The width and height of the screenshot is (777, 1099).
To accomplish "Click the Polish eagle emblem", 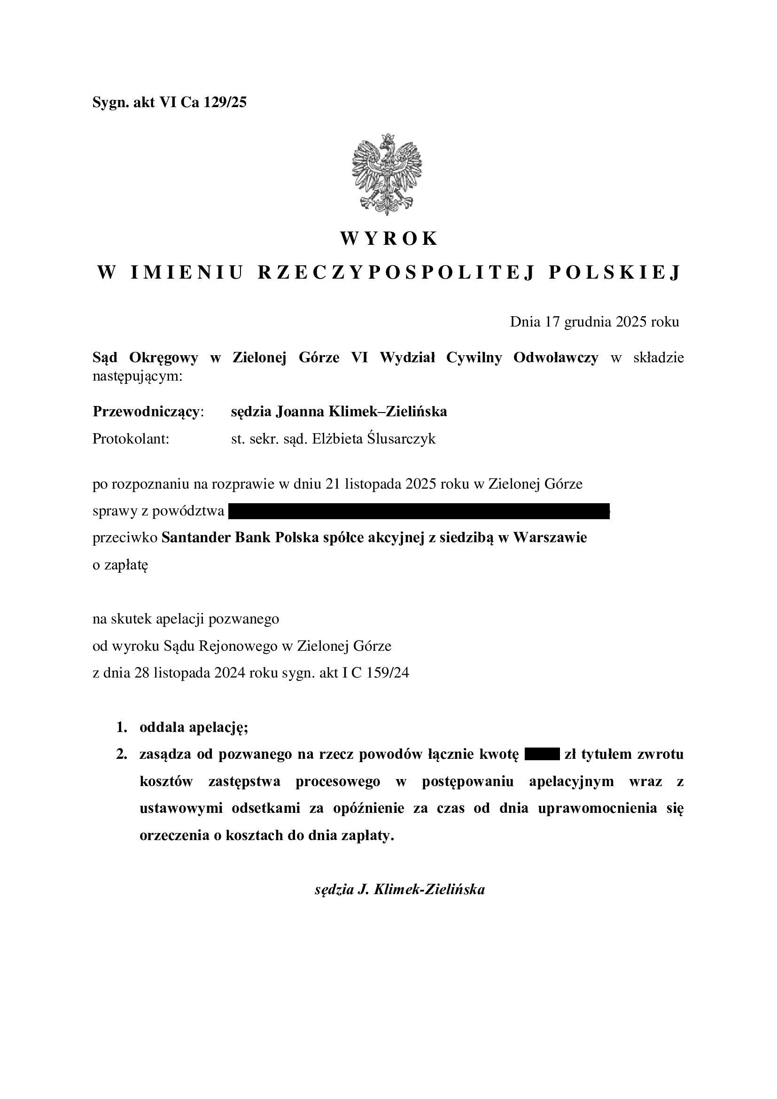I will pos(388,174).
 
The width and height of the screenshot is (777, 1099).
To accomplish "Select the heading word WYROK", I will pos(388,238).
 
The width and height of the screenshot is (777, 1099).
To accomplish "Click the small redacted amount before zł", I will pos(542,755).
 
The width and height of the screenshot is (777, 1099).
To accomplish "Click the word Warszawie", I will pos(550,538).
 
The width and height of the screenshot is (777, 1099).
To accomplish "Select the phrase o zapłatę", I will pos(121,565).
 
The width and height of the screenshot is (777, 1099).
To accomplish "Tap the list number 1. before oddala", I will pos(122,728).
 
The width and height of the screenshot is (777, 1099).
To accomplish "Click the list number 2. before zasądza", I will pos(122,755).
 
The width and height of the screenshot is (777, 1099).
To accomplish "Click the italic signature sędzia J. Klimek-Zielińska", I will pos(400,890).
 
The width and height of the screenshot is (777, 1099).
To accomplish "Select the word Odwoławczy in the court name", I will pos(555,358).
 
